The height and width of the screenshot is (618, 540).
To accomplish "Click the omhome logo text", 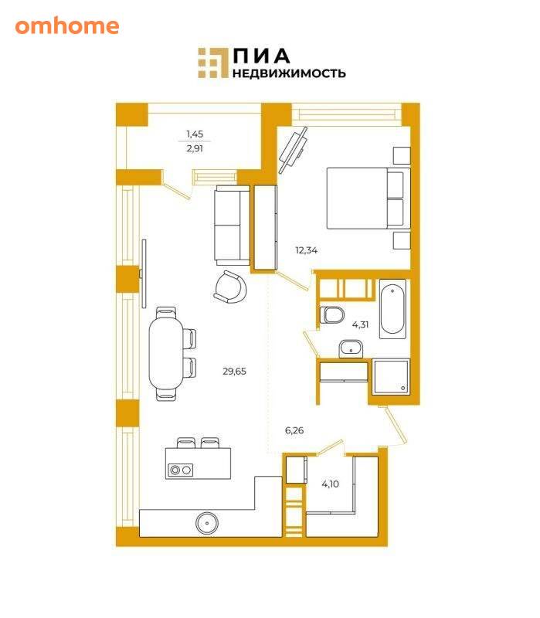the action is [x=67, y=26].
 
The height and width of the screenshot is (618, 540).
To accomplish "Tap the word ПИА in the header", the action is [x=261, y=56].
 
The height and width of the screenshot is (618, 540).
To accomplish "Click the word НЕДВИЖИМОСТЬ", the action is [x=289, y=73].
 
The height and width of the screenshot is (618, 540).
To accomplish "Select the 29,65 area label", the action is [x=235, y=372].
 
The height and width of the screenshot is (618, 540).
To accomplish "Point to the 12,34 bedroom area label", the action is [x=306, y=250].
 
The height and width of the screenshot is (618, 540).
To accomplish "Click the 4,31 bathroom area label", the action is [x=360, y=324].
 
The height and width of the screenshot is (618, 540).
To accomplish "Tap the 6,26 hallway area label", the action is [x=294, y=430].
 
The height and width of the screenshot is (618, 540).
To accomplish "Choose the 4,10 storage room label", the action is [x=331, y=484].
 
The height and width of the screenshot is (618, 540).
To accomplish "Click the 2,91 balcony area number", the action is [x=195, y=148].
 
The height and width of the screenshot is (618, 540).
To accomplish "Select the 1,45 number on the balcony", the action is [x=195, y=134].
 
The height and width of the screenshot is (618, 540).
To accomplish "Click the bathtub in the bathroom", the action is [x=392, y=309].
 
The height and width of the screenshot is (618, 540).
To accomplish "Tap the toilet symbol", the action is [x=332, y=314].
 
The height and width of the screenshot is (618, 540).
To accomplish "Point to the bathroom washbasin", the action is [x=351, y=349].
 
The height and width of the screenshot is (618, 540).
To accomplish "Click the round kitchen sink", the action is [x=207, y=523].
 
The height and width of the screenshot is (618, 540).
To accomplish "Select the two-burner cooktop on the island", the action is [x=181, y=470].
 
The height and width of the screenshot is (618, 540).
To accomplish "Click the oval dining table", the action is [x=166, y=353].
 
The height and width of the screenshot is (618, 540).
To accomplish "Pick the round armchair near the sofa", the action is [x=231, y=287].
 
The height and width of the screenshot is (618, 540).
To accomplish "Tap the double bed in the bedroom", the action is [x=368, y=199].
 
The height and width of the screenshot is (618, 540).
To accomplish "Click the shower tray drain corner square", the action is [x=403, y=389].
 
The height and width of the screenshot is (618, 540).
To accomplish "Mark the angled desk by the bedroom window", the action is [x=294, y=150].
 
